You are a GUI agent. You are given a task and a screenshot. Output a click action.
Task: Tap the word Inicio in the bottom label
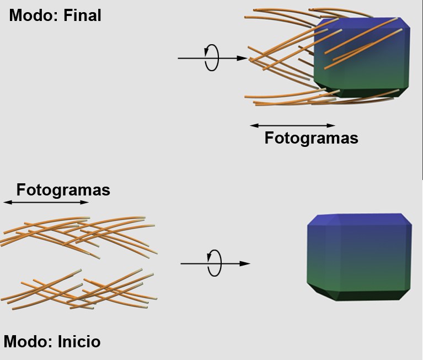pos(79,342)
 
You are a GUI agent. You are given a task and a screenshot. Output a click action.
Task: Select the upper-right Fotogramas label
pos(311,137)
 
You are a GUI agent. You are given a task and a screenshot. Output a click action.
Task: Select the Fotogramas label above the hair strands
pos(63,190)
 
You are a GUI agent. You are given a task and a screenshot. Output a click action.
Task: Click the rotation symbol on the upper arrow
pos(211,57)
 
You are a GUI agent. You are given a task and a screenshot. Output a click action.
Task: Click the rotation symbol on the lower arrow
pos(214,263)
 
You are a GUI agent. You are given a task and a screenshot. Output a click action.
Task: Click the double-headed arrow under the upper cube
pos(292,125)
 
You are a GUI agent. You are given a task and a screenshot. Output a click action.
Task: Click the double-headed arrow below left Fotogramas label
pos(46,203)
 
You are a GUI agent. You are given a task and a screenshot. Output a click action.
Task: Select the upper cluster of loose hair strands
pos(77,235)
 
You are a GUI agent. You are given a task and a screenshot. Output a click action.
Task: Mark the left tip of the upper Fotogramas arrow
pos(251,125)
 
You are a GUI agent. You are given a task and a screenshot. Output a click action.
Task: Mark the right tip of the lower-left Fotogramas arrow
pos(87,203)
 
